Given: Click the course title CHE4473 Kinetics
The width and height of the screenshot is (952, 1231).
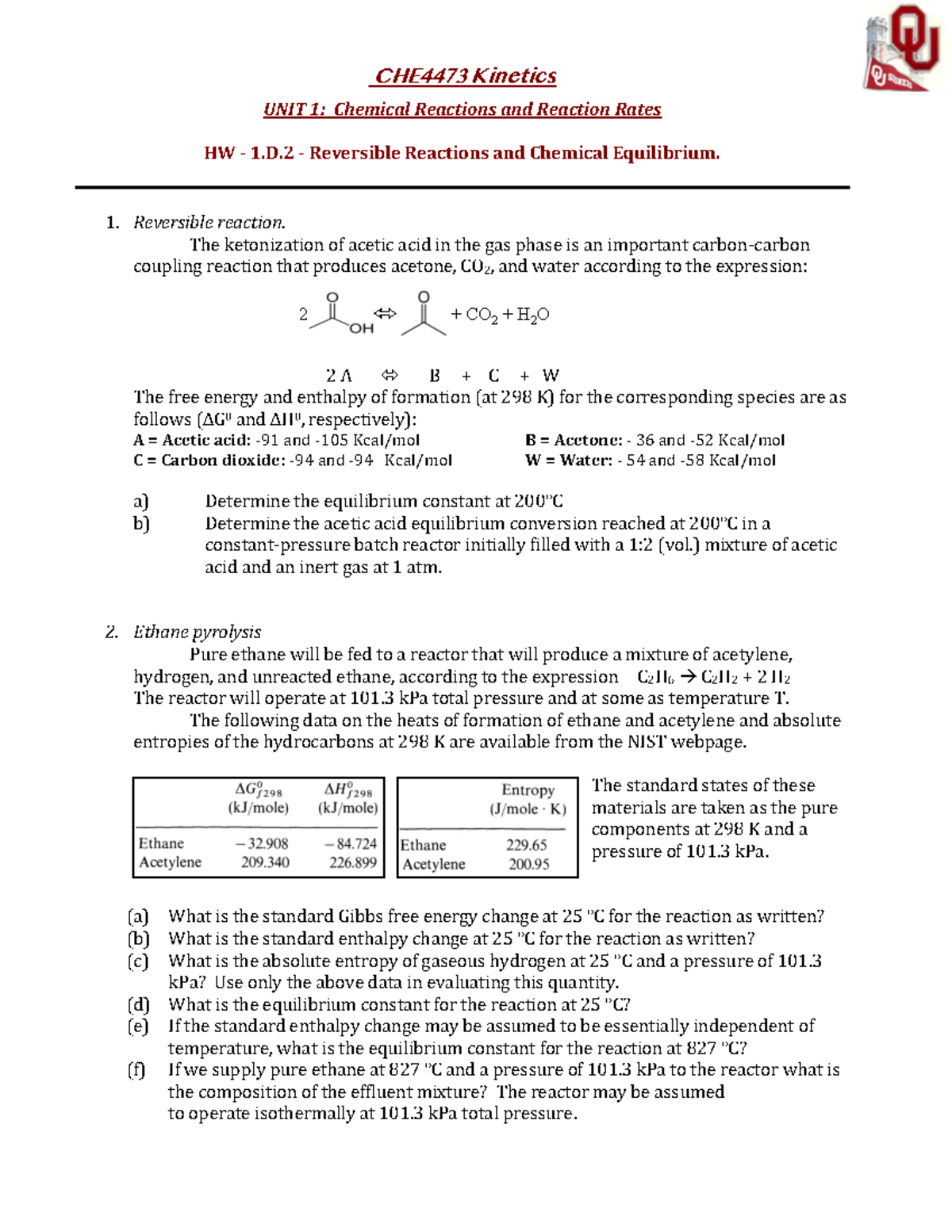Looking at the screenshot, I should [x=465, y=76].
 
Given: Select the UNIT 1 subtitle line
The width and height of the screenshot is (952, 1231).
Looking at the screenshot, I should [x=462, y=109].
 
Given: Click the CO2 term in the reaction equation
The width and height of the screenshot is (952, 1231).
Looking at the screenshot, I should [x=482, y=315].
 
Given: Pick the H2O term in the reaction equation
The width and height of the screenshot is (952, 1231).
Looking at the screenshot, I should [x=532, y=315].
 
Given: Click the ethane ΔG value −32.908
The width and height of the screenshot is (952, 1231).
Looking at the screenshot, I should [x=262, y=843].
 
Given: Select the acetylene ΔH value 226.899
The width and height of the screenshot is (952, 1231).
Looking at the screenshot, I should [x=352, y=862].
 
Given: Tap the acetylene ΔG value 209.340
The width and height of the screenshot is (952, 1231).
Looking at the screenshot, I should [x=265, y=862].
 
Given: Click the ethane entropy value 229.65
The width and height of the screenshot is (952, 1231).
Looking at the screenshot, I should [x=527, y=845].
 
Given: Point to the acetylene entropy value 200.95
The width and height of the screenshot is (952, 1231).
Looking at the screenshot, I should [x=528, y=864].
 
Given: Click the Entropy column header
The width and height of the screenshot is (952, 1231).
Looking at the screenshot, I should [x=528, y=790].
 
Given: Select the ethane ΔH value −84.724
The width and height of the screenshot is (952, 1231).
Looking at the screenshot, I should [x=351, y=843].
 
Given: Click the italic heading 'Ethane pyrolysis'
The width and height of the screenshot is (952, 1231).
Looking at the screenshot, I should [x=197, y=632].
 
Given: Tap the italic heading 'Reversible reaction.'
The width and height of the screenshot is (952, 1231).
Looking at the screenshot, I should [x=209, y=223].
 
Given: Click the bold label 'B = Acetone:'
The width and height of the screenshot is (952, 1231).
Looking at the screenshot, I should [x=574, y=440].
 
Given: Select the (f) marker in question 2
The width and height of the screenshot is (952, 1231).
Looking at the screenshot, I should [x=137, y=1070].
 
